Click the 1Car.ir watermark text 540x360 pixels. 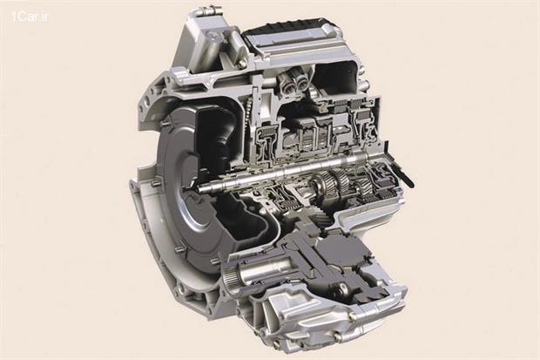(x=30, y=17)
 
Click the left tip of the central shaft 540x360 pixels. (x=199, y=187)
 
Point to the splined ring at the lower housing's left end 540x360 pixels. (x=229, y=278)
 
